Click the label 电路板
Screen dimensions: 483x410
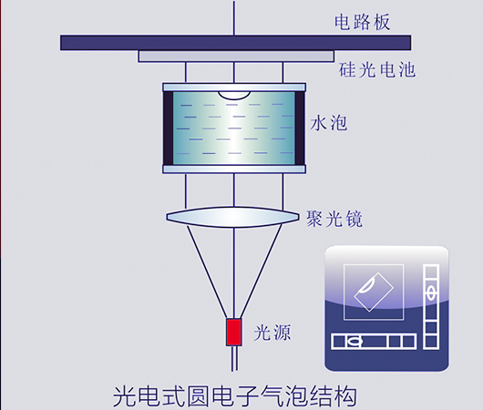[363, 22]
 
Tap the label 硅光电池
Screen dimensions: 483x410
[377, 69]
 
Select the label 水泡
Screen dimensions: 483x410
[329, 123]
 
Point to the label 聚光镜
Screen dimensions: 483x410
[334, 219]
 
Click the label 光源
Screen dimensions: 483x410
[272, 333]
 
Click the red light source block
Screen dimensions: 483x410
[234, 332]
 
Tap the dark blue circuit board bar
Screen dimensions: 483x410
[235, 43]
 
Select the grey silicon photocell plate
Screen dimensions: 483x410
[236, 56]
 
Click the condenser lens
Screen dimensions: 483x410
[233, 217]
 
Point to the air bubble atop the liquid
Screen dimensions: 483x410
[234, 96]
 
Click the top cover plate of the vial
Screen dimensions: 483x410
[234, 87]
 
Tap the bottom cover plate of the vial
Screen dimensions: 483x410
[234, 169]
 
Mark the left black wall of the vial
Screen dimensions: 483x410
[169, 128]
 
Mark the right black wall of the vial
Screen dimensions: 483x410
[300, 128]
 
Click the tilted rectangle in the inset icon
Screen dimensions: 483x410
[374, 292]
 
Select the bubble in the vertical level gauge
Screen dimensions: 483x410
[431, 292]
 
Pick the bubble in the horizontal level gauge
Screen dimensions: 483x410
[354, 342]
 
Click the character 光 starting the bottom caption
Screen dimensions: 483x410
[125, 396]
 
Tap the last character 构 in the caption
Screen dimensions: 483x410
[346, 396]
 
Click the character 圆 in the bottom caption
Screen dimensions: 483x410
[199, 396]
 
